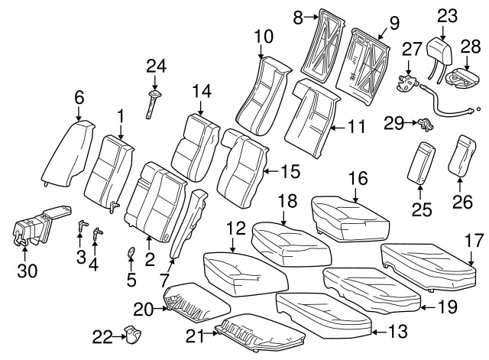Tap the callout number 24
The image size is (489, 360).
[157, 67]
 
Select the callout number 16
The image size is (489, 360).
[358, 179]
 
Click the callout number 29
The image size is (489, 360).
[393, 122]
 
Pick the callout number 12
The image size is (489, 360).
[237, 229]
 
